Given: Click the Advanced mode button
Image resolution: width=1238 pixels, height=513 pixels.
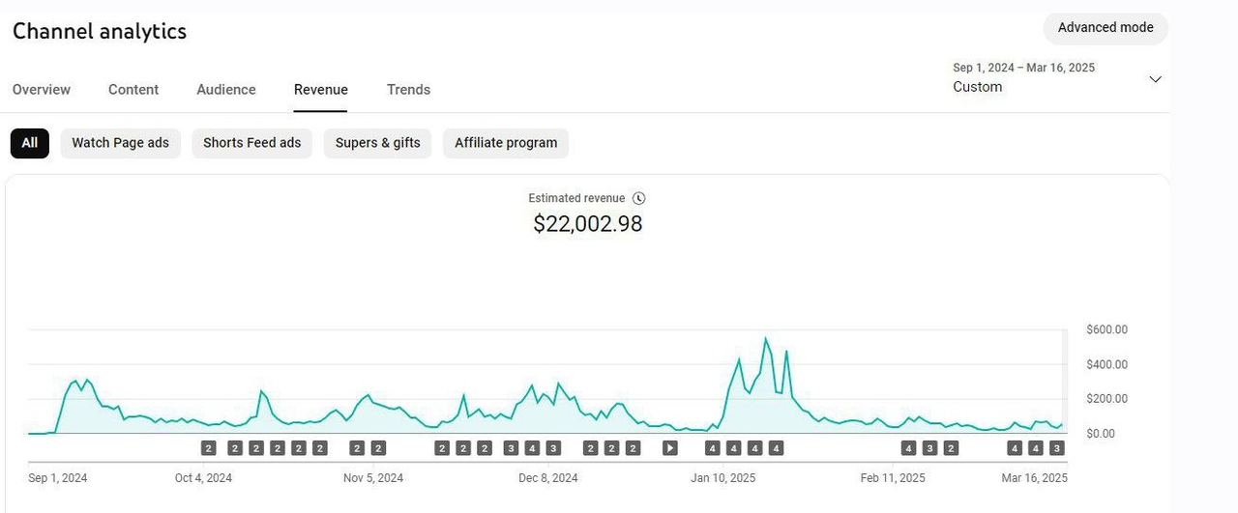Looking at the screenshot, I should [1105, 28].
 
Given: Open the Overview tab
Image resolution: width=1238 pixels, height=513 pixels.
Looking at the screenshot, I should [42, 90].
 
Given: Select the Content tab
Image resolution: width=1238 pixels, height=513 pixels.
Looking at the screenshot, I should [133, 90].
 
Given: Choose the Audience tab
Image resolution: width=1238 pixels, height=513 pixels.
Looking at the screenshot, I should [226, 90].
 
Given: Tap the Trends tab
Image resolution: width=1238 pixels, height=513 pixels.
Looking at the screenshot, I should [408, 90].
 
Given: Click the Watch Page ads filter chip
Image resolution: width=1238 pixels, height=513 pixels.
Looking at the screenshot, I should [120, 143].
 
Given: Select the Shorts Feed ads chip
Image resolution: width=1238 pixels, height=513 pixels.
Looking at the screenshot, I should [251, 143].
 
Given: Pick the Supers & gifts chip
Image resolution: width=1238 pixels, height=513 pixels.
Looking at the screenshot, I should [377, 143].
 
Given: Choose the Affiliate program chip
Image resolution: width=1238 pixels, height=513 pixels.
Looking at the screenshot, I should [506, 143].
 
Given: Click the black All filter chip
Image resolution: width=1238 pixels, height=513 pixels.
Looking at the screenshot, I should [30, 143].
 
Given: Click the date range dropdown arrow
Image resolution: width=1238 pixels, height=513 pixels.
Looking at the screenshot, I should [1155, 79].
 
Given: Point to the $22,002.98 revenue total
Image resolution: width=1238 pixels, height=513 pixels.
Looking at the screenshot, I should [588, 224].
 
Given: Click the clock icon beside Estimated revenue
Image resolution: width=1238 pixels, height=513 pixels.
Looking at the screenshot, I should [638, 198].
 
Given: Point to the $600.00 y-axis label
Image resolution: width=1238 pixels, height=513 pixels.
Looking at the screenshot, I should [1107, 329].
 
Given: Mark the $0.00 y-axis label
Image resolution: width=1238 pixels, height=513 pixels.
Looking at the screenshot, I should [1101, 434].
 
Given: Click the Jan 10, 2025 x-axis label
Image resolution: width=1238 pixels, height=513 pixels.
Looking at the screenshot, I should [723, 478].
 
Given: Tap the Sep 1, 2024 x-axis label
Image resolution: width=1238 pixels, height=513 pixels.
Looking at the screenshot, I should [58, 478].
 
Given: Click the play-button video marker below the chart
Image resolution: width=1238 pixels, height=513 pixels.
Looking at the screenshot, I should [670, 448].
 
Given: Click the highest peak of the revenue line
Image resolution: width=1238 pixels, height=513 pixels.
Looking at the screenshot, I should [766, 338].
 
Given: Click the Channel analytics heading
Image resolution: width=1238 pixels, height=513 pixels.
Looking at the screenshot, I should [100, 31].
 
